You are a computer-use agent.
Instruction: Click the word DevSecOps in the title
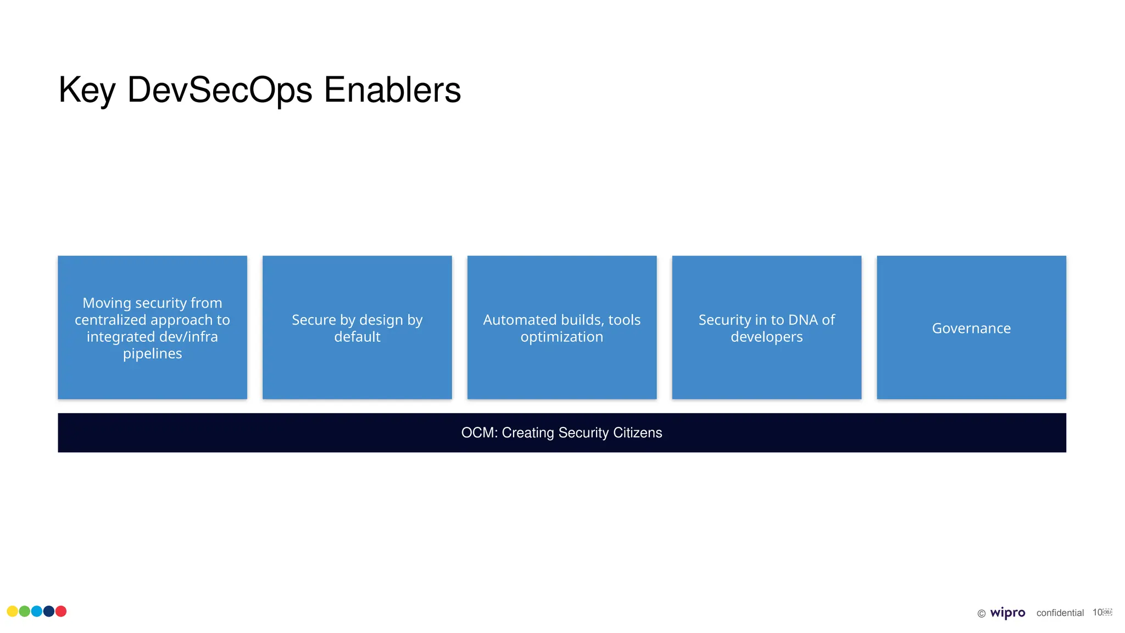click(x=220, y=90)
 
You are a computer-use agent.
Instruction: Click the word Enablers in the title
click(x=392, y=90)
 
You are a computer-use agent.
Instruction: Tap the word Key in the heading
click(x=87, y=90)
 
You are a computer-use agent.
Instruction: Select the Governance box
click(x=971, y=328)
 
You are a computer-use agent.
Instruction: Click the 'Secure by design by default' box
click(x=357, y=328)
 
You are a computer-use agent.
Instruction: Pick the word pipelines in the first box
click(x=152, y=353)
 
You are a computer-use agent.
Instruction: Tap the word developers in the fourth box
click(x=766, y=337)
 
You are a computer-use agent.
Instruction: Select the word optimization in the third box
click(x=561, y=337)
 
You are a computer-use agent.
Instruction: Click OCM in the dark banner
click(x=478, y=433)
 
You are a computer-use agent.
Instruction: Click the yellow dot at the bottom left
click(x=12, y=612)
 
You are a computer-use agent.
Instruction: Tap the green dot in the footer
click(x=25, y=612)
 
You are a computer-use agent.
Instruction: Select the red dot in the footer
click(x=61, y=612)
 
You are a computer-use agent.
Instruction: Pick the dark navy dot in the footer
click(x=49, y=612)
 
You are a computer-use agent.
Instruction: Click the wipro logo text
click(x=1007, y=613)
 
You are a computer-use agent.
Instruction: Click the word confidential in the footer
click(x=1060, y=613)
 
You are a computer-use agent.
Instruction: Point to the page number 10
click(x=1097, y=613)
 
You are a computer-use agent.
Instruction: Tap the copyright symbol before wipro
click(x=981, y=614)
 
